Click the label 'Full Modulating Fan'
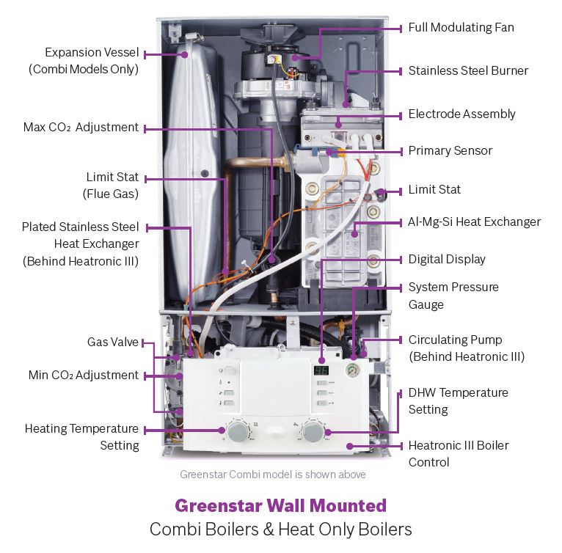tap(461, 28)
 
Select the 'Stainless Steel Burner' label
tap(468, 71)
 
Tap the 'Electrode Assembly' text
tap(461, 114)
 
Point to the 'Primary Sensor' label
tap(450, 150)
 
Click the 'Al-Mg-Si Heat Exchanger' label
tap(474, 221)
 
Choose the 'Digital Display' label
tap(447, 259)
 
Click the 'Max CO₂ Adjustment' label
tap(81, 128)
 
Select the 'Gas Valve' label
tap(113, 342)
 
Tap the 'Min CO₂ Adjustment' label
tap(83, 375)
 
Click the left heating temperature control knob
tap(237, 432)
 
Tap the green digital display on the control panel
tap(321, 371)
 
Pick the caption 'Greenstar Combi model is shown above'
tap(272, 474)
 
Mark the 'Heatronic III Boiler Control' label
tap(458, 453)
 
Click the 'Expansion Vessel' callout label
tap(91, 53)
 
